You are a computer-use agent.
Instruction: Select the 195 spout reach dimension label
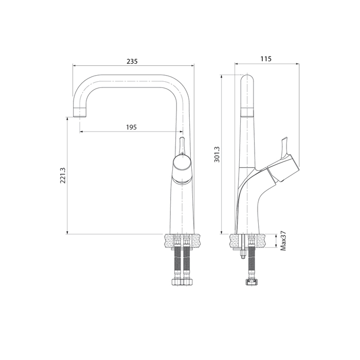pos(131,127)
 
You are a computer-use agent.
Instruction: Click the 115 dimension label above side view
pos(266,59)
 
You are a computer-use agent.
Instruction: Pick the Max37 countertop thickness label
pos(283,241)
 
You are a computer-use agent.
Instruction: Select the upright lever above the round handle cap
pos(181,145)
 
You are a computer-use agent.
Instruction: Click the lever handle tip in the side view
pos(283,140)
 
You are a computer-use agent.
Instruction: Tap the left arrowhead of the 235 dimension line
pos(75,66)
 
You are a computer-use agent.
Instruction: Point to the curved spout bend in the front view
pos(80,87)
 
